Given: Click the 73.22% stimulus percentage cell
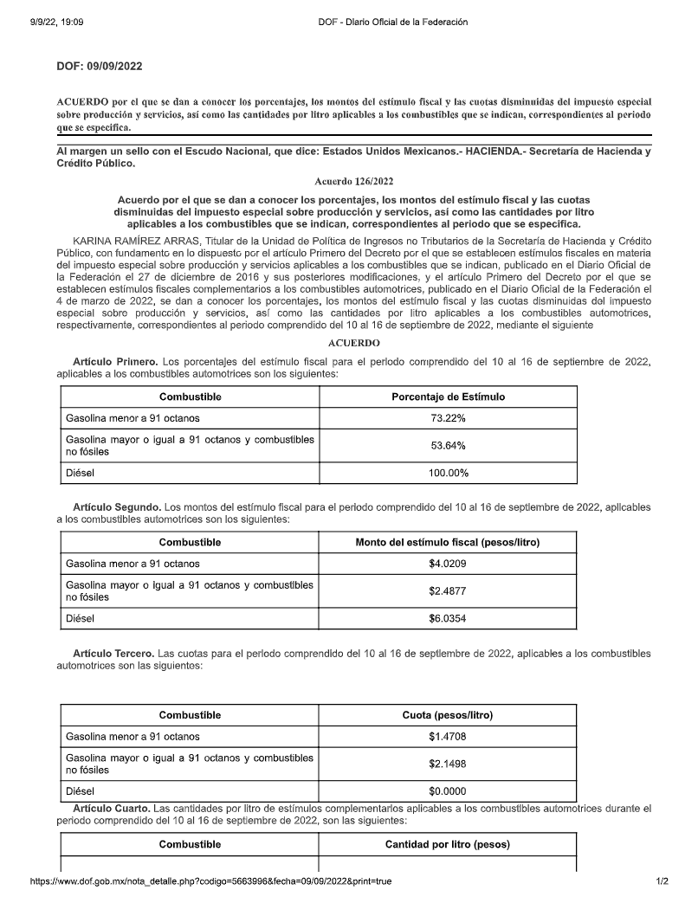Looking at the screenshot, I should coord(448,418).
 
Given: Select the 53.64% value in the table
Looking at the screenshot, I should coord(448,446).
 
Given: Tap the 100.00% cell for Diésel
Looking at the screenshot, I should coord(448,474).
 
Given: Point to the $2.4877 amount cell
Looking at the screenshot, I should coord(447,592).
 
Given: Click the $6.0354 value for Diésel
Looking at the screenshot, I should coord(447,620).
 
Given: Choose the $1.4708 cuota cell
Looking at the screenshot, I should coord(447,737).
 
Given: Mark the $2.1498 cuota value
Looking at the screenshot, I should coord(447,764).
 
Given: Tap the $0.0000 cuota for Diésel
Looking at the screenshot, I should coord(447,791).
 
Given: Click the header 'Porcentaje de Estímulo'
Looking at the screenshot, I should coord(448,397).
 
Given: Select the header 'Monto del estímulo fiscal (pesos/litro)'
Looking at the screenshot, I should coord(448,543).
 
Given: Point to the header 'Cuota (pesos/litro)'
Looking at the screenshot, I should coord(448,715).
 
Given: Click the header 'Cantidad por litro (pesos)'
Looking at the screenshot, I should coord(448,844).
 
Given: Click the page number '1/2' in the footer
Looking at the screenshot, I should coord(662,881).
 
